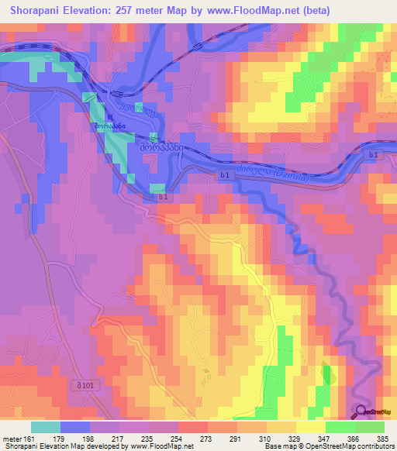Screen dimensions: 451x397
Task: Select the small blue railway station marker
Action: [x=109, y=118]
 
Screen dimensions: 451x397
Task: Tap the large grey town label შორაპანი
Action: [x=161, y=145]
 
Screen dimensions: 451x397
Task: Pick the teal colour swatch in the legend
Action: [x=46, y=427]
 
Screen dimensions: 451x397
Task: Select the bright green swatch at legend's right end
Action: [x=369, y=427]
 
